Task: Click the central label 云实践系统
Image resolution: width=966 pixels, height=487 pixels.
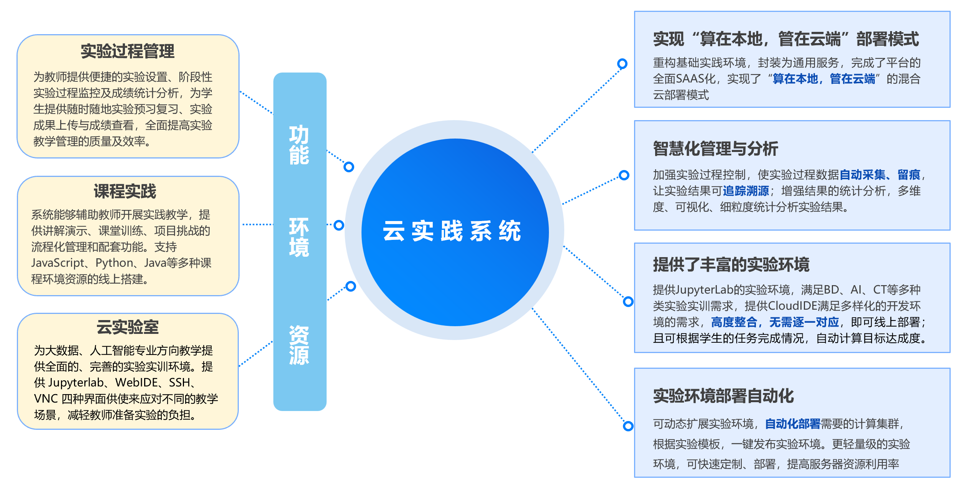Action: (452, 231)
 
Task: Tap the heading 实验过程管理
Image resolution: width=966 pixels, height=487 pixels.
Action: (128, 51)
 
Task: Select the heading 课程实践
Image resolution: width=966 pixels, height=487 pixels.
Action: (125, 191)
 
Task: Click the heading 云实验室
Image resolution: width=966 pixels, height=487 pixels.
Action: (127, 327)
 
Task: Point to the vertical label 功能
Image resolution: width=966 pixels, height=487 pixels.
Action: (299, 145)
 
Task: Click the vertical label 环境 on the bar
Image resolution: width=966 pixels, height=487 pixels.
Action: (299, 237)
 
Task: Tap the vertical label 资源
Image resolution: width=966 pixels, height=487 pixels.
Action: (299, 345)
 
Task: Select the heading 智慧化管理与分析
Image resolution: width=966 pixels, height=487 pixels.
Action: (715, 149)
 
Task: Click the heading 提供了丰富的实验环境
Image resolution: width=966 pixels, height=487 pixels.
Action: (731, 265)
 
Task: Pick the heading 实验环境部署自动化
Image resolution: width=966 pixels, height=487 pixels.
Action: (723, 396)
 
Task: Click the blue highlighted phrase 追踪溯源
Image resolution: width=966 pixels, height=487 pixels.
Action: (746, 191)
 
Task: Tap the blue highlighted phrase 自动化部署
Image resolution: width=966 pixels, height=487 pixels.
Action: (792, 424)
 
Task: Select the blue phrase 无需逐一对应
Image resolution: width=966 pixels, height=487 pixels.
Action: (804, 322)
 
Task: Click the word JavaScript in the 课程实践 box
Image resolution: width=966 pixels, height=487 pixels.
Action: (58, 263)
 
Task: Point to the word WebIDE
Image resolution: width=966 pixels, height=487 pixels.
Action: (137, 383)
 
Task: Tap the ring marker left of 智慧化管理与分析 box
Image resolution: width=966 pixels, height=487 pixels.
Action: (624, 175)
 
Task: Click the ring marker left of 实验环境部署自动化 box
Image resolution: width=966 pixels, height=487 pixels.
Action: (628, 426)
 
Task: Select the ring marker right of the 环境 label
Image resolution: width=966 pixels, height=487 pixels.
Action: (339, 225)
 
